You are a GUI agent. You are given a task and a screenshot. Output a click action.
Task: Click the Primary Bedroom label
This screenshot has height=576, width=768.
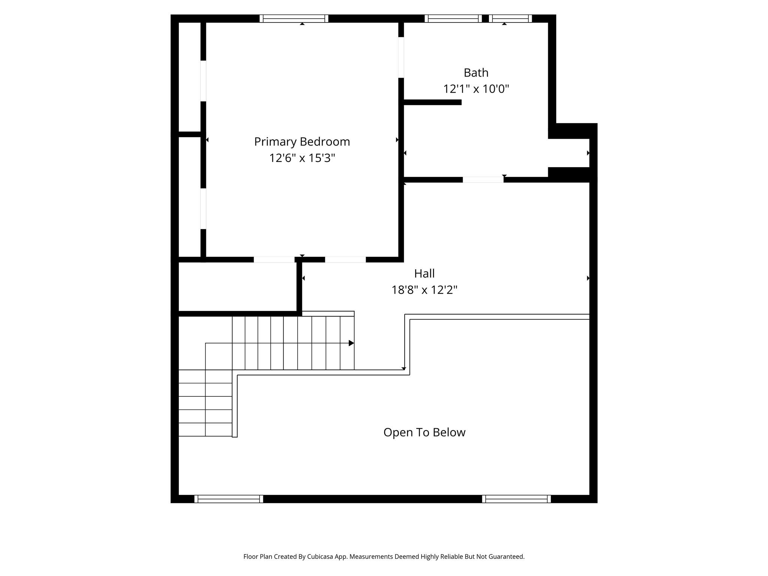[302, 142]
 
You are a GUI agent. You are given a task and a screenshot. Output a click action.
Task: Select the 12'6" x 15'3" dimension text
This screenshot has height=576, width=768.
[302, 158]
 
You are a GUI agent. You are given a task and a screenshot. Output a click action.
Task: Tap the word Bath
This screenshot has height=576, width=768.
[476, 72]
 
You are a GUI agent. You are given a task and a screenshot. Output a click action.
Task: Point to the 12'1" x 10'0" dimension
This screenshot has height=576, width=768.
[476, 89]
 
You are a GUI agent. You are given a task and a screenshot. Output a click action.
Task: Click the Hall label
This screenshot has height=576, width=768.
[424, 273]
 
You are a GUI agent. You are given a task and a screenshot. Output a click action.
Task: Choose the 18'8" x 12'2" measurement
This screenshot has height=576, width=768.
[424, 290]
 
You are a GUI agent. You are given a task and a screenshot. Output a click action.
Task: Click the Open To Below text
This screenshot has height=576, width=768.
[424, 432]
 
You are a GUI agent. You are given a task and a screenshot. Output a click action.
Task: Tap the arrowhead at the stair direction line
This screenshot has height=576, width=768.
[351, 343]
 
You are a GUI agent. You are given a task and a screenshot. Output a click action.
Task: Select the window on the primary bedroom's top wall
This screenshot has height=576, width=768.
[294, 18]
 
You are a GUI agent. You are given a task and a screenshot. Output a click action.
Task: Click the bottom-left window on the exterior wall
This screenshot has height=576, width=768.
[229, 499]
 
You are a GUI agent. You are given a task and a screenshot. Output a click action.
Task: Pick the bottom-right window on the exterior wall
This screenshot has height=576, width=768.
[516, 499]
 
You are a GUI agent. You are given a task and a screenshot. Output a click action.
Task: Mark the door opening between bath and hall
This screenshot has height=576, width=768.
[483, 180]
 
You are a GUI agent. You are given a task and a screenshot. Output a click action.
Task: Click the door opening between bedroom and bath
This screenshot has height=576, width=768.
[401, 57]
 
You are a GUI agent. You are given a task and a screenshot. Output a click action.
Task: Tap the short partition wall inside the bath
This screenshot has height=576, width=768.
[432, 102]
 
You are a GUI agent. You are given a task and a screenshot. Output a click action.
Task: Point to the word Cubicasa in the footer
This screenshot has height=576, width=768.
[321, 557]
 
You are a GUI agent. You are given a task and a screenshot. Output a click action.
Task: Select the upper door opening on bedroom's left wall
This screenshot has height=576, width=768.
[203, 81]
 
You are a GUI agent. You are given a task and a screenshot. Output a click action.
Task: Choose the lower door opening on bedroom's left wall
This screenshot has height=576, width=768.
[203, 208]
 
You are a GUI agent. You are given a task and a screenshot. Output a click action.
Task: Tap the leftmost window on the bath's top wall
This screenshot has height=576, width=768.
[453, 18]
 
